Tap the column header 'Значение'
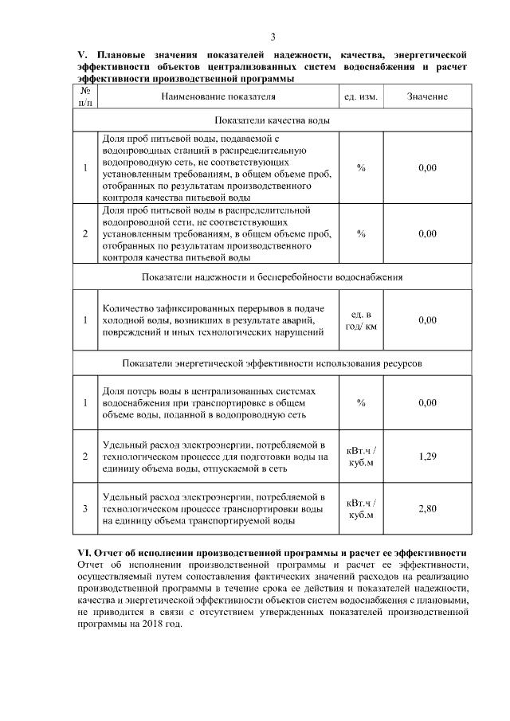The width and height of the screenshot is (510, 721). (x=427, y=96)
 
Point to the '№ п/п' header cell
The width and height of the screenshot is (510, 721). (x=85, y=96)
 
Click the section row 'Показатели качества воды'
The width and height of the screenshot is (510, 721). (x=273, y=120)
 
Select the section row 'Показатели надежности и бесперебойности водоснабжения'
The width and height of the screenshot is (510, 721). (x=273, y=277)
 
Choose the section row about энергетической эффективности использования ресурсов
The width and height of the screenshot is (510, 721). (x=273, y=362)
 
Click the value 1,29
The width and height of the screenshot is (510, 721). (x=427, y=457)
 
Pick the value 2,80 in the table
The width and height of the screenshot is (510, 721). (x=427, y=508)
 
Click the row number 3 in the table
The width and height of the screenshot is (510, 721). (x=85, y=508)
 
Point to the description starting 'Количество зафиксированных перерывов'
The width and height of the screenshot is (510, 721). (x=213, y=320)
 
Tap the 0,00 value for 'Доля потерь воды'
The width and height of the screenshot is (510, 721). (x=427, y=403)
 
